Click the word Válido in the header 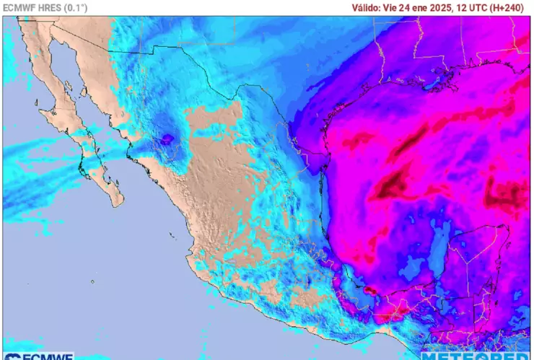click(366, 7)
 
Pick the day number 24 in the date click(411, 7)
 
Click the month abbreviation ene click(427, 7)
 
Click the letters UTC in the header click(491, 7)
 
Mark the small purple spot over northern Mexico click(167, 138)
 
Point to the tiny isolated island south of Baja click(92, 282)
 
